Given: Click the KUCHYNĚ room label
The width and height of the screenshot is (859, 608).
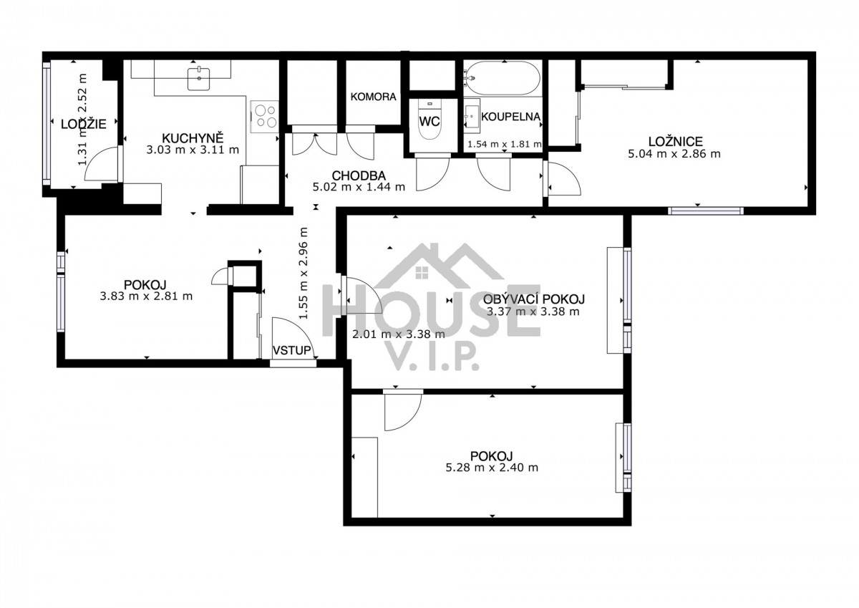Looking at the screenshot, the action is pos(193,138).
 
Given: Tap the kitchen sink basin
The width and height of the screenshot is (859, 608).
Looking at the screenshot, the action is pos(199,79).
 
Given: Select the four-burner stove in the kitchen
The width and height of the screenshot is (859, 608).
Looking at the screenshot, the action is pos(265,117).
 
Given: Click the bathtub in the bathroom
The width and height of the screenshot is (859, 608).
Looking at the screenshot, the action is pos(503,78).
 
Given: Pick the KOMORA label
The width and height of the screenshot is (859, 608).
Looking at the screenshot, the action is pos(373,97).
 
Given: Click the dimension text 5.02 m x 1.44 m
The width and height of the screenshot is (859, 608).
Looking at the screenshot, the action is pos(359,187).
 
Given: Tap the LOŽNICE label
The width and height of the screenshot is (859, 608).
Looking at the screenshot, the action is pos(675,142).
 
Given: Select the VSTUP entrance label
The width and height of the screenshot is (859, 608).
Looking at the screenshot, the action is pos(292,350).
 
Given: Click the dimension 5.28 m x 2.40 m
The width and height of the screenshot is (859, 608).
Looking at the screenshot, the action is pos(492,468).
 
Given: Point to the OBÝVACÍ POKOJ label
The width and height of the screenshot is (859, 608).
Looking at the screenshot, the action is pos(534,299).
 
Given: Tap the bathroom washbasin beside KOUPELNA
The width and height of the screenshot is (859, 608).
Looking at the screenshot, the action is pos(471,112).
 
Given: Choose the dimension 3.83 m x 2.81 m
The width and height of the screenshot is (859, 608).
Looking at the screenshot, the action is pos(146,296).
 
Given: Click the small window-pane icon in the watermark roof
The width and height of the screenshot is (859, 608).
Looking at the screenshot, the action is pos(422,273).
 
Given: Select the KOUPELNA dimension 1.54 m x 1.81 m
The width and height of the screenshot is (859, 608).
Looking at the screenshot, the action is pos(505,144).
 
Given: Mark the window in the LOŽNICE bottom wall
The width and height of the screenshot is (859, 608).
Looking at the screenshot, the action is pos(706,211).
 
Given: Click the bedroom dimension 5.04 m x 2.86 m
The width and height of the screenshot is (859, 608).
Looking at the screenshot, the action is pos(674,154).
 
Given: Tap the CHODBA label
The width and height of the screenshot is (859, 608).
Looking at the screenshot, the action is pos(359,175).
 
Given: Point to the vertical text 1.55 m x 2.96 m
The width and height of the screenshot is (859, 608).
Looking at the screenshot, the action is pos(304,273).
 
